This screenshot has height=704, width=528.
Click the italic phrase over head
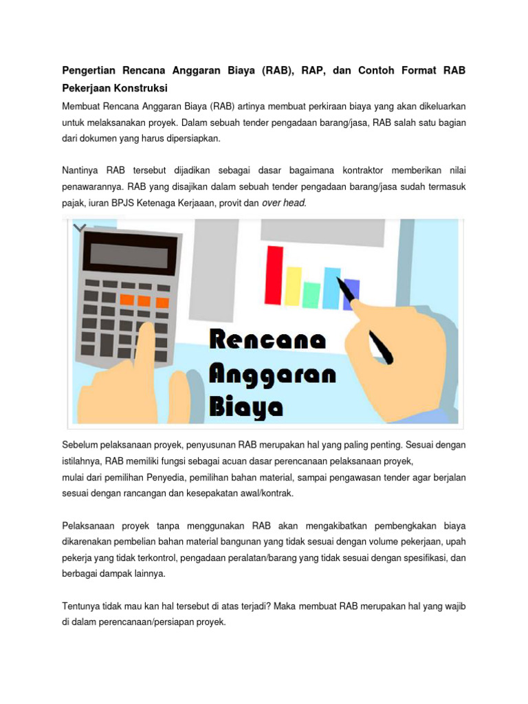(284, 203)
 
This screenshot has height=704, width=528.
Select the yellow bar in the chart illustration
(293, 285)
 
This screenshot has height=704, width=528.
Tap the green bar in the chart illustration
(312, 294)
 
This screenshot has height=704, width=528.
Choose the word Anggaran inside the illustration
(272, 375)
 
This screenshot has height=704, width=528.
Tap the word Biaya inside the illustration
(246, 407)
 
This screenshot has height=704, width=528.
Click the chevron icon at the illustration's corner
(80, 228)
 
